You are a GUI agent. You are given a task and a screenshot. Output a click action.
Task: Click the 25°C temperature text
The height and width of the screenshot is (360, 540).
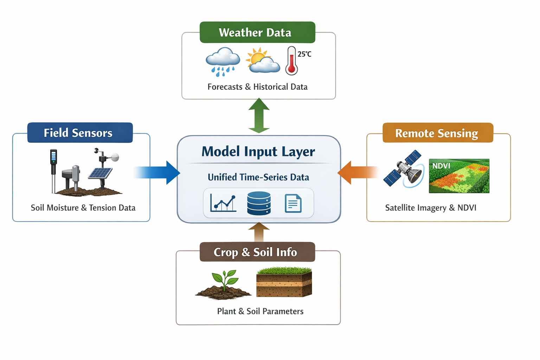click(304, 54)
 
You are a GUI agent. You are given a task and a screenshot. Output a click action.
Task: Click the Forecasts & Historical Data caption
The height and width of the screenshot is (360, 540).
click(257, 87)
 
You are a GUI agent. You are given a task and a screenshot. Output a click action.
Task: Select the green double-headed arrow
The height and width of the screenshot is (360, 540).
click(259, 116)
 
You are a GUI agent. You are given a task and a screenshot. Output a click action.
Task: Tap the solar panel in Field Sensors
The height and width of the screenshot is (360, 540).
click(100, 173)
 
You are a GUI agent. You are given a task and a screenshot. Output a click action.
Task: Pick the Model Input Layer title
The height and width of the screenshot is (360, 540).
click(258, 152)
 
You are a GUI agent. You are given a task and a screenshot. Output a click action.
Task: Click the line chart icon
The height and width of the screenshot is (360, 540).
click(223, 203)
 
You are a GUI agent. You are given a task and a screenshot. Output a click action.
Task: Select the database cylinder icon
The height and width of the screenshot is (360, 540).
click(259, 203)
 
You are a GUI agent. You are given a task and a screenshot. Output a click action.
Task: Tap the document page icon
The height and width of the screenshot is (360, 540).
click(293, 203)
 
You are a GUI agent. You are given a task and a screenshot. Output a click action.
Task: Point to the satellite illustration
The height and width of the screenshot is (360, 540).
click(404, 169)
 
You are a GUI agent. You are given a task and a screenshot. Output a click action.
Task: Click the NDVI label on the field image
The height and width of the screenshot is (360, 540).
click(441, 166)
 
